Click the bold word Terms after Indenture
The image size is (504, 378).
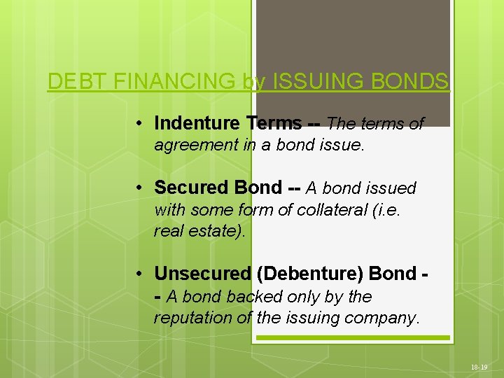pos(274,124)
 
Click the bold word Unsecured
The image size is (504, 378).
pos(202,273)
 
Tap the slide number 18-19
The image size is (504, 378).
pos(479,367)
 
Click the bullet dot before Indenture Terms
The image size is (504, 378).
pos(141,124)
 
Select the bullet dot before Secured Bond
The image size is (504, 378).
pos(141,188)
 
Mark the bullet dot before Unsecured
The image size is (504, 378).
pos(141,273)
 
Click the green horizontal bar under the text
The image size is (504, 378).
pos(353,337)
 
